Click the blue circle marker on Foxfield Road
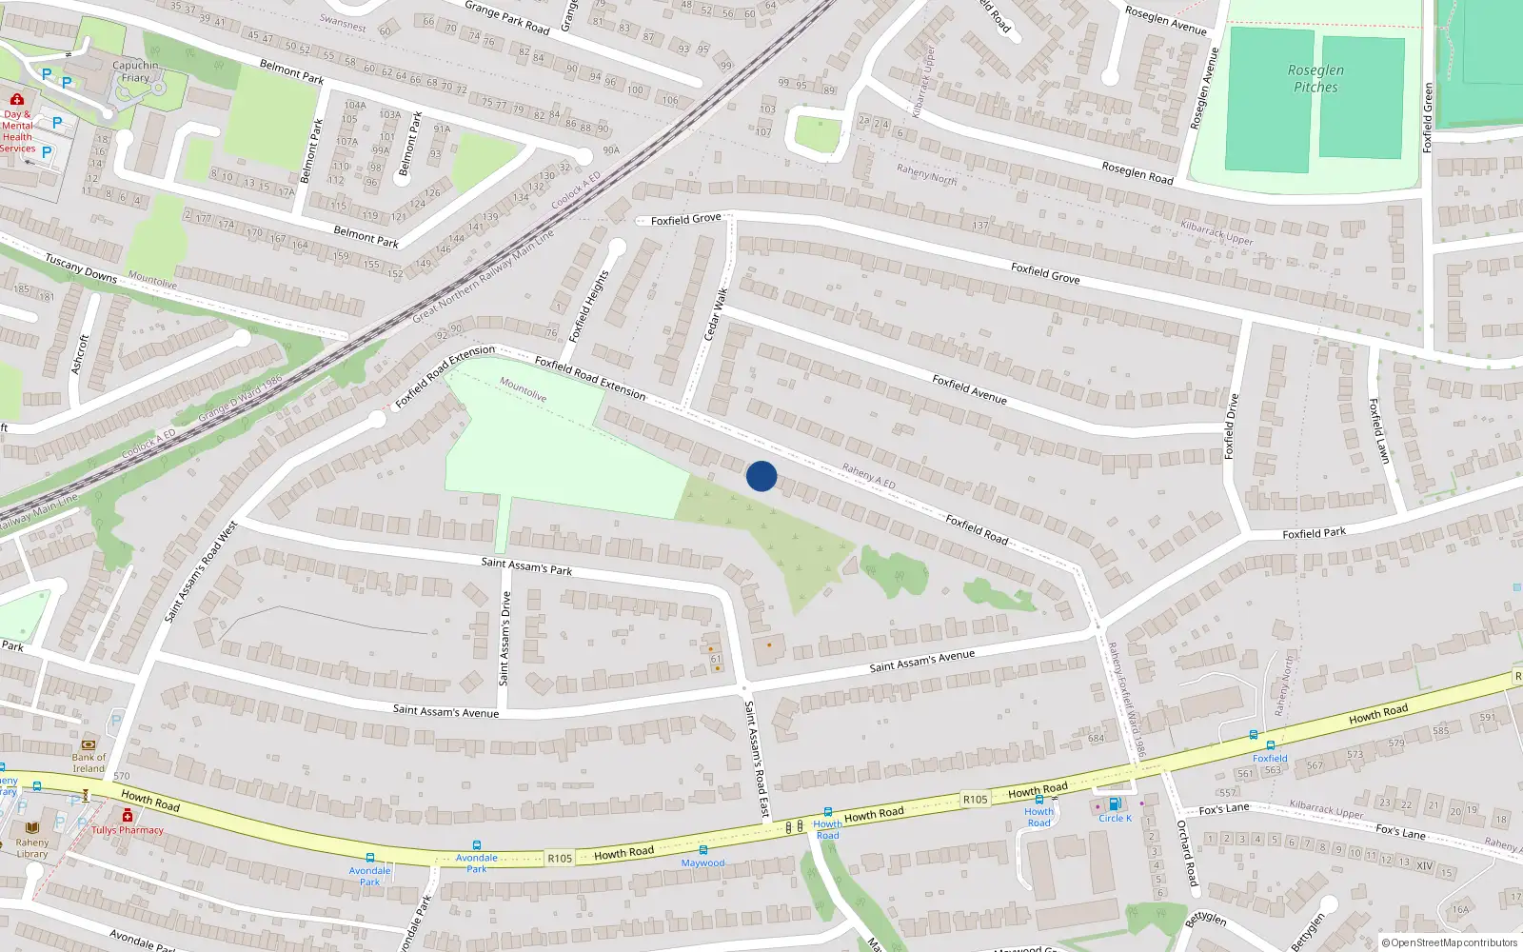point(761,476)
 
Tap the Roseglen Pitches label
point(1315,79)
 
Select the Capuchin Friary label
point(135,71)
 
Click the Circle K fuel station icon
point(1115,804)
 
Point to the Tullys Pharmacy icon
point(127,815)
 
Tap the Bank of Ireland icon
point(89,744)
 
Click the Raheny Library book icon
point(32,827)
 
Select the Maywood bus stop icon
point(702,850)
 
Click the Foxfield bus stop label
point(1270,759)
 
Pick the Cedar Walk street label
point(715,314)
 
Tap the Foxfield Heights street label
point(587,307)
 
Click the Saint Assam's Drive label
point(505,638)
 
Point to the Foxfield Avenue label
point(969,388)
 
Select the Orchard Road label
point(1186,853)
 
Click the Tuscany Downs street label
point(81,268)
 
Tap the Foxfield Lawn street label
point(1378,430)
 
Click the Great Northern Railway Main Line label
point(483,276)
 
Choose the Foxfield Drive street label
point(1232,426)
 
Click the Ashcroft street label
point(80,354)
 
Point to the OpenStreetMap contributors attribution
point(1449,942)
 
